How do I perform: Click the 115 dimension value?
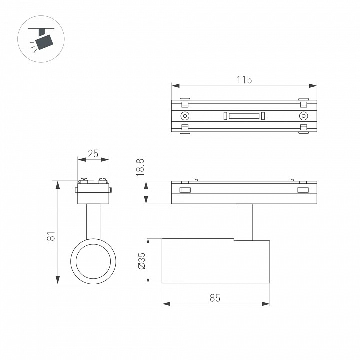244,80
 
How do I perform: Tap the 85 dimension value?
215,298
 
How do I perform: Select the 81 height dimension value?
51,236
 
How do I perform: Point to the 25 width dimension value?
93,154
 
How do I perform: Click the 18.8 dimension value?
140,167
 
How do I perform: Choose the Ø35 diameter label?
141,261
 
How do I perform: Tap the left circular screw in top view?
185,116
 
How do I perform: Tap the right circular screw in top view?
304,116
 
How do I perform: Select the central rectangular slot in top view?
244,116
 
